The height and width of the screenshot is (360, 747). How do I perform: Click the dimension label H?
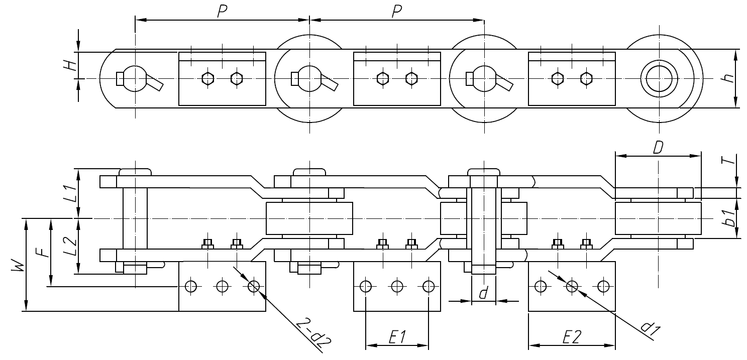[72, 65]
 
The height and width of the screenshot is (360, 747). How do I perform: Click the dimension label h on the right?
[729, 78]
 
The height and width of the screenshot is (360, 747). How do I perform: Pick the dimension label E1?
[397, 337]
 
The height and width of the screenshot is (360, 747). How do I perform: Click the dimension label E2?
[572, 337]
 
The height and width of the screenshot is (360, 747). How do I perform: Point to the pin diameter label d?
[483, 293]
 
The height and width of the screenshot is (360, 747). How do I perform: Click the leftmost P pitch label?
[221, 12]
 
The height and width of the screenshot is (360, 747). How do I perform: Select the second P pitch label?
[397, 12]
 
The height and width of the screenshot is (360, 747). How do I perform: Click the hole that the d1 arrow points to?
[572, 286]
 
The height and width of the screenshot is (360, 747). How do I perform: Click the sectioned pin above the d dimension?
[483, 226]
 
